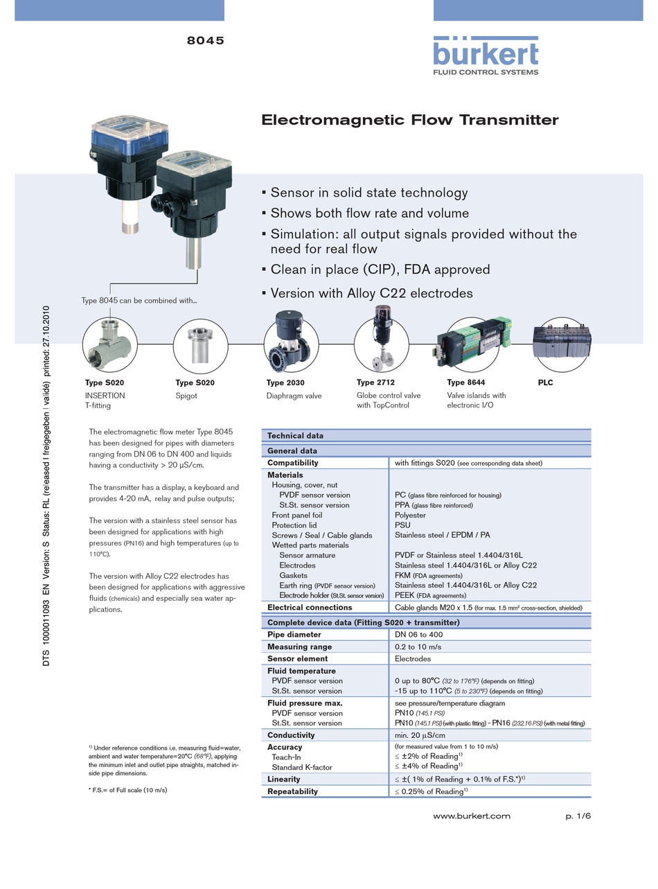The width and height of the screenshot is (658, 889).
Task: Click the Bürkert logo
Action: click(x=486, y=55)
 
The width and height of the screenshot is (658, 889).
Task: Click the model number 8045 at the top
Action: click(x=205, y=41)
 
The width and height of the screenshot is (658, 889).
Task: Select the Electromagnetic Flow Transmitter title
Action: click(x=409, y=120)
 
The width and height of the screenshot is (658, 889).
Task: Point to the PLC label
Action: click(x=545, y=382)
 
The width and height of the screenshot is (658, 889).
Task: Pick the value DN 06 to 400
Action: click(x=418, y=635)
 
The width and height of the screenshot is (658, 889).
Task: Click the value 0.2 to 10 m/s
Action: click(x=418, y=646)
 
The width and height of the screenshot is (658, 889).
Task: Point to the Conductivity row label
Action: click(x=291, y=735)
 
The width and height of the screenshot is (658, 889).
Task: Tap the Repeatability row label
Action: click(x=292, y=791)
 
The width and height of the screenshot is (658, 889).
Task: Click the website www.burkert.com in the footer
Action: click(x=471, y=816)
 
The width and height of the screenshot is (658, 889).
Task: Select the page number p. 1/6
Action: click(x=578, y=816)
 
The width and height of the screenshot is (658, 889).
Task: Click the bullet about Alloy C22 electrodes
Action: click(x=371, y=293)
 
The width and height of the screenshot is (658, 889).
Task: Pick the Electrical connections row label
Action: click(x=310, y=608)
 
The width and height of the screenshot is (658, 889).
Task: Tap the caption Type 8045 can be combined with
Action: click(x=139, y=301)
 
